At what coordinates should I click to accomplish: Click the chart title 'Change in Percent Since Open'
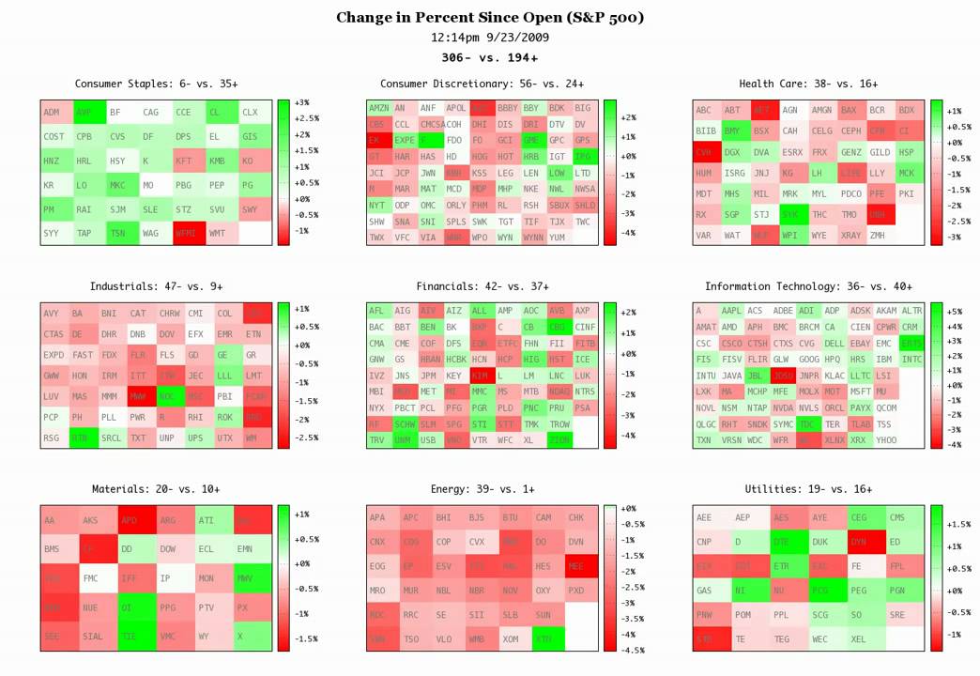490,18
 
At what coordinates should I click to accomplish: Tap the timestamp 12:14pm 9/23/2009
490,38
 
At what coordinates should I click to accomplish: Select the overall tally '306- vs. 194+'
490,57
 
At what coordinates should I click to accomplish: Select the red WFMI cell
187,233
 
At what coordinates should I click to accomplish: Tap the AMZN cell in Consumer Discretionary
378,109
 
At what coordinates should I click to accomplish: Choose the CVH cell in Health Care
704,151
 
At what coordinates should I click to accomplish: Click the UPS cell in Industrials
195,438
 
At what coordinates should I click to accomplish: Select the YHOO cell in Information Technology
886,439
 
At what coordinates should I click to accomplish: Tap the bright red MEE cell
575,566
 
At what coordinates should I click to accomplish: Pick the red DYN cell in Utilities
859,542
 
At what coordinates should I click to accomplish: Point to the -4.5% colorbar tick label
635,650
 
